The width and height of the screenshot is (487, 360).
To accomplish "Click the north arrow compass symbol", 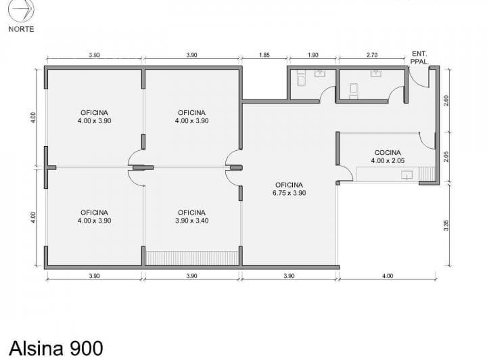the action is click(x=21, y=11).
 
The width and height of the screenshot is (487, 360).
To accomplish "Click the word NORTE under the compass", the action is click(x=21, y=29).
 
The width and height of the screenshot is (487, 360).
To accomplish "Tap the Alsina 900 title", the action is click(x=56, y=348).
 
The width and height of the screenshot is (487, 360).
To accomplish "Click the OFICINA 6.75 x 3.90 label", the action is click(x=289, y=189).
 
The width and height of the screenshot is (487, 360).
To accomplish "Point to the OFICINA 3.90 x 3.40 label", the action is click(x=191, y=217).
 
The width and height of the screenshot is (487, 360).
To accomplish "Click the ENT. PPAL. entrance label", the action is click(x=419, y=58).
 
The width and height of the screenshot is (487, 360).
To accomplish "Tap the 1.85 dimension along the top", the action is click(x=264, y=55).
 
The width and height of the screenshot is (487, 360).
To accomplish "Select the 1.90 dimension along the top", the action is click(x=313, y=55).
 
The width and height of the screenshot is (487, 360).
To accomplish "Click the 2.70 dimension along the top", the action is click(x=372, y=55).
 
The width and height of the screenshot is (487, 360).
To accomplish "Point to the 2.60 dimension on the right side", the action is click(x=446, y=100).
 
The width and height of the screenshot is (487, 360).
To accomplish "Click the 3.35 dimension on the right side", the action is click(x=446, y=225).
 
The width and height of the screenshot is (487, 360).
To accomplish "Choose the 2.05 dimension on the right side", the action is click(x=446, y=156).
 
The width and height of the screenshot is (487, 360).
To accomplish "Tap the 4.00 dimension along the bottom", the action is click(x=388, y=276).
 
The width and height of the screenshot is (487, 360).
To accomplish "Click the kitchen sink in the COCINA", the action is click(x=407, y=175).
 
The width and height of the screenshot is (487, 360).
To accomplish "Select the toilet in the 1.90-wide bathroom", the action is click(x=301, y=78).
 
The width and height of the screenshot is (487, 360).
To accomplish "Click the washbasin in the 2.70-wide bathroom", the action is click(x=375, y=73).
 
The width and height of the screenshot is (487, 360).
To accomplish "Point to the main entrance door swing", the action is click(x=419, y=78).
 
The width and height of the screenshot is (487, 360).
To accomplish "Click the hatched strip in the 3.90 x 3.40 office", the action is click(x=192, y=258).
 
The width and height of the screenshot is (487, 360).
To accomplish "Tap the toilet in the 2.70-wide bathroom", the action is click(x=354, y=91).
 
